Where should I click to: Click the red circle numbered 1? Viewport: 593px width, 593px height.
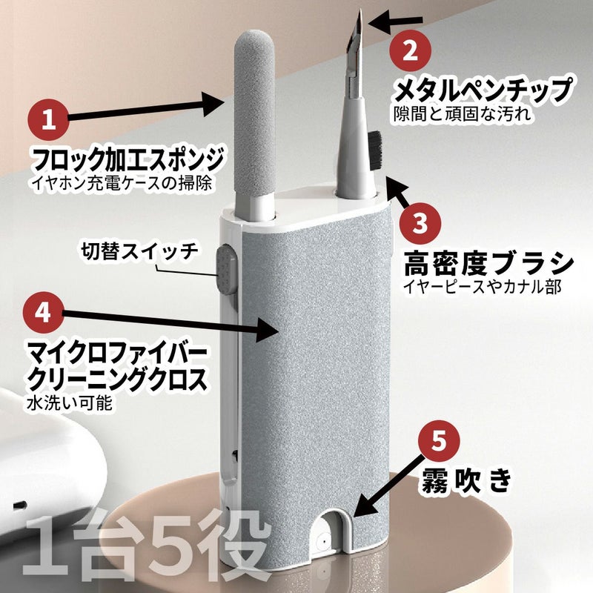click(48, 119)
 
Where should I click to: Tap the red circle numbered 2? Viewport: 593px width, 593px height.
click(411, 50)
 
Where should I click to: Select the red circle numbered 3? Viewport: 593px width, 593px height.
click(420, 223)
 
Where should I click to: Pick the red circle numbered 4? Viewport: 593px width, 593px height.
click(44, 312)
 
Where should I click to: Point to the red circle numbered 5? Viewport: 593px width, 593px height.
click(439, 440)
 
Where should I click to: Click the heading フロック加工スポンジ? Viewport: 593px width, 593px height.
click(127, 160)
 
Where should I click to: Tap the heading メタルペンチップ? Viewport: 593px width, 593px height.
click(483, 90)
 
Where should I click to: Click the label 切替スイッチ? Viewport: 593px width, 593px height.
click(139, 251)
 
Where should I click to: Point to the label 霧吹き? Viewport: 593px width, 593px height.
click(467, 480)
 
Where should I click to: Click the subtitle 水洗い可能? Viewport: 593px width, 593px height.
click(70, 403)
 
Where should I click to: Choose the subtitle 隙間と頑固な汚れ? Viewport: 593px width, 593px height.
click(463, 114)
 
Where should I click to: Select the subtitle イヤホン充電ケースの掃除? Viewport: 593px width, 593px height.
click(122, 183)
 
